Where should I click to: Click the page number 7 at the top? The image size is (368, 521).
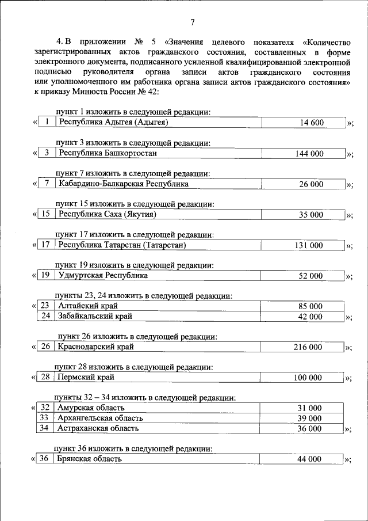(x=193, y=22)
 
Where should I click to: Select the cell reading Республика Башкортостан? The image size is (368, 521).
(x=108, y=153)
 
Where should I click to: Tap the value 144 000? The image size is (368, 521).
(x=309, y=153)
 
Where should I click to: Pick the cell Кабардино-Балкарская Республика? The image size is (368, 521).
(x=123, y=184)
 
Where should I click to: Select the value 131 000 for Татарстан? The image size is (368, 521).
(x=309, y=245)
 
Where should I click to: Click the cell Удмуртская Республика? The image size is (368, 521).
(x=103, y=276)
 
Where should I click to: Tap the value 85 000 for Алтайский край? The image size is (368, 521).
(x=309, y=306)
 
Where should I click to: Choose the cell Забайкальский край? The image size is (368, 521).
(x=95, y=316)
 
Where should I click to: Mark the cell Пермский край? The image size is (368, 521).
(x=86, y=378)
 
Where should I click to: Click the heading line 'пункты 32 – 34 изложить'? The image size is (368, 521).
(x=144, y=397)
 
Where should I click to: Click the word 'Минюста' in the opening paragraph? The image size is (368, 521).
(x=96, y=91)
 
